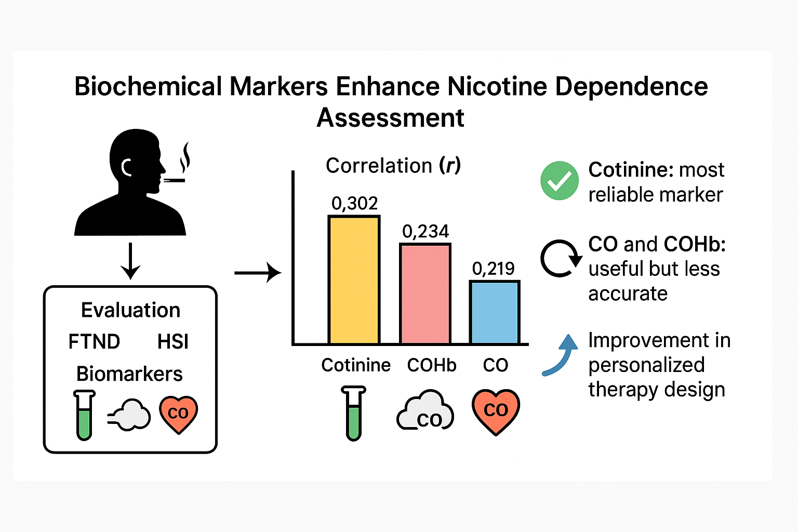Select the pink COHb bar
pyautogui.click(x=425, y=294)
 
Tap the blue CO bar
pyautogui.click(x=494, y=312)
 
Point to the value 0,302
pyautogui.click(x=355, y=203)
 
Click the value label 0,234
pyautogui.click(x=425, y=231)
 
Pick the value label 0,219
pyautogui.click(x=493, y=269)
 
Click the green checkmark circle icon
pyautogui.click(x=560, y=181)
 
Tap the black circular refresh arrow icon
pyautogui.click(x=560, y=258)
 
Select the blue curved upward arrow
pyautogui.click(x=561, y=354)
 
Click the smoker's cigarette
pyautogui.click(x=175, y=180)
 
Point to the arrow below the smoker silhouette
pyautogui.click(x=130, y=261)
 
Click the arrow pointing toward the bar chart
pyautogui.click(x=257, y=272)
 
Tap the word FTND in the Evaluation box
pyautogui.click(x=94, y=342)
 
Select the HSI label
pyautogui.click(x=173, y=342)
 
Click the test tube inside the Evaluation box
pyautogui.click(x=84, y=415)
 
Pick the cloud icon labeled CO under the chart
pyautogui.click(x=425, y=412)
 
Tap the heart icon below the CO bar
pyautogui.click(x=496, y=412)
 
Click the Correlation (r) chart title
pyautogui.click(x=393, y=166)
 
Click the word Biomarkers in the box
pyautogui.click(x=129, y=374)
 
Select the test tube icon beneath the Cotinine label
pyautogui.click(x=354, y=413)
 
